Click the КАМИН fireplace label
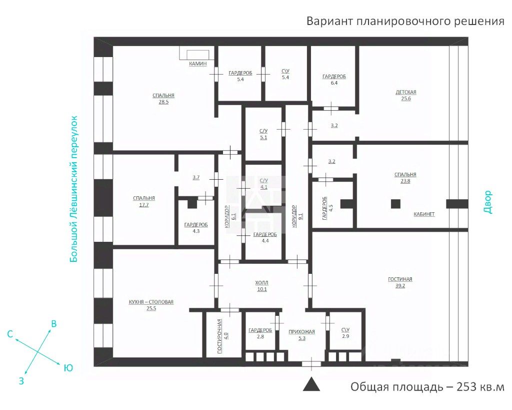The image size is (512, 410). pos(197,64)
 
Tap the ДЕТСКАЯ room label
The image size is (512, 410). pos(405,92)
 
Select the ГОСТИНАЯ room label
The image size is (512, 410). pos(400,279)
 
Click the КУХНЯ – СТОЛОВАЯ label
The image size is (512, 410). pos(151,302)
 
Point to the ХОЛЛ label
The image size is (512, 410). pos(261,282)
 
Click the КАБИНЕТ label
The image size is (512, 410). pos(424,214)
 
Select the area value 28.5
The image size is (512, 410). pos(163,102)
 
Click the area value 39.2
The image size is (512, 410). pos(400,286)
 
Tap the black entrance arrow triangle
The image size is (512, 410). pos(312,384)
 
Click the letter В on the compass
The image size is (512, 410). pos(54,324)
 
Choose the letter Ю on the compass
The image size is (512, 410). pos(68,368)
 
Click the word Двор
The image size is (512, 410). pos(488,202)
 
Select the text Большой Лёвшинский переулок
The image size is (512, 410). pos(74,188)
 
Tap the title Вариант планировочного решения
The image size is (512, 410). pos(405,21)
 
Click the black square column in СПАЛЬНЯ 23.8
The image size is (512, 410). pos(395,204)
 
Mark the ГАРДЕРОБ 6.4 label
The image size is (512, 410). pos(334,77)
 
